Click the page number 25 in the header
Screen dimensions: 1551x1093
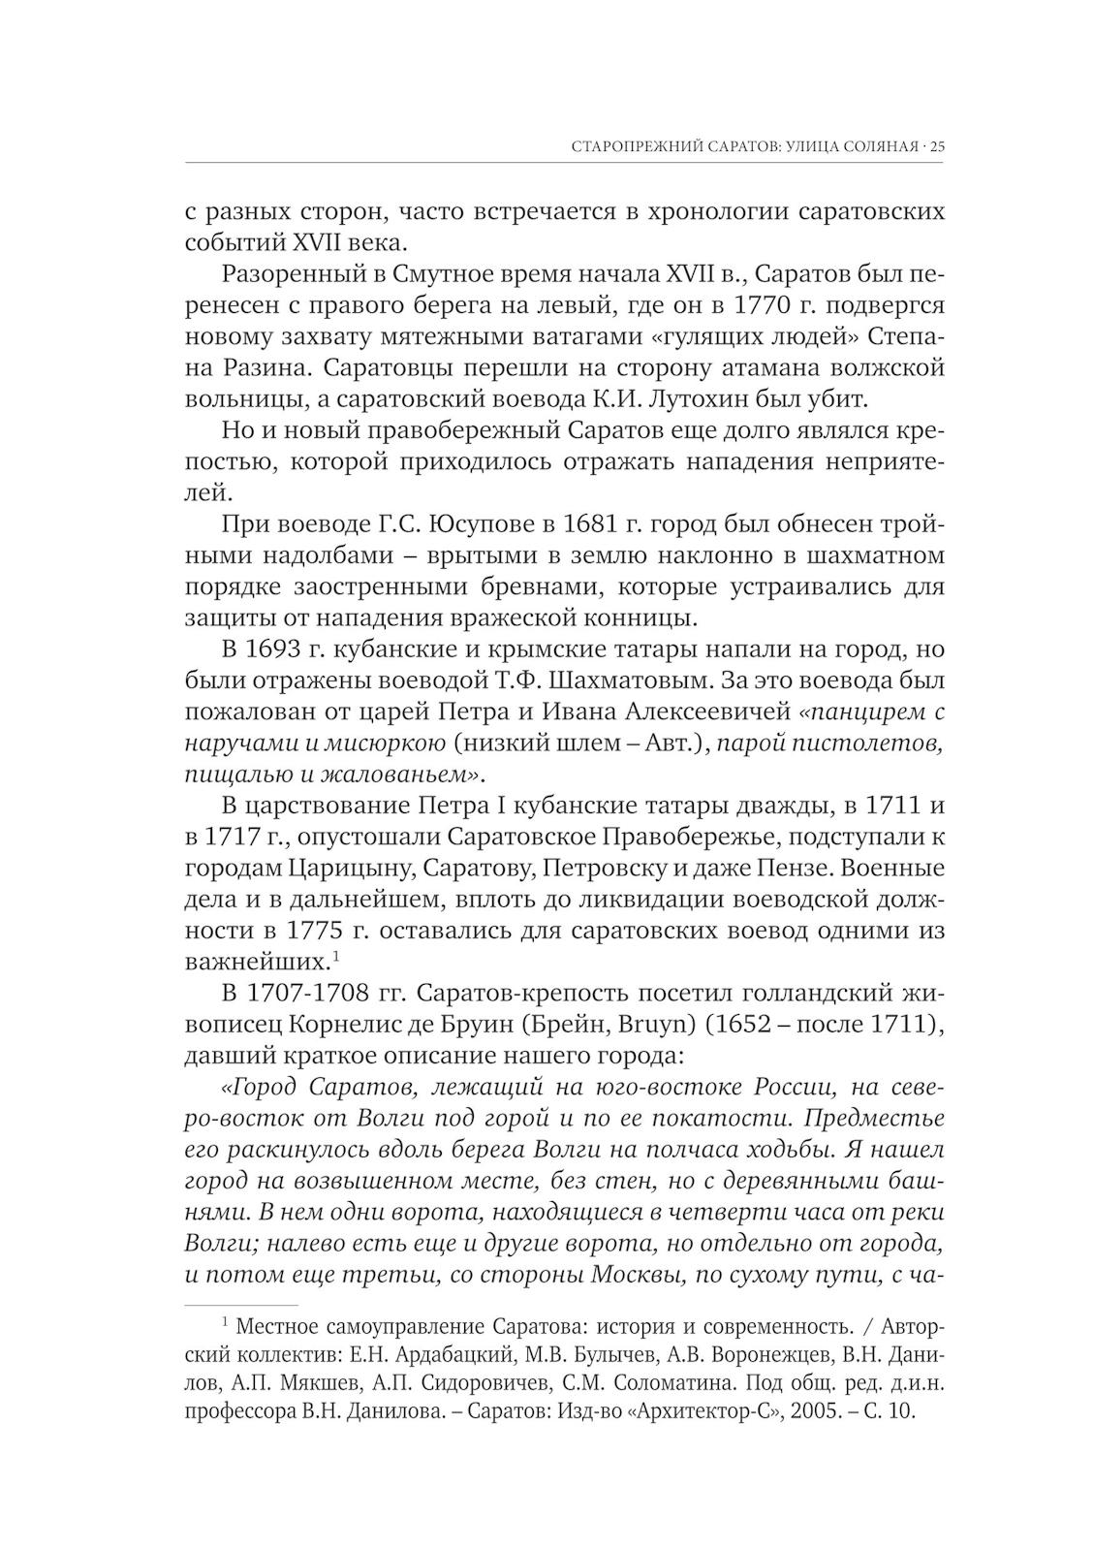point(937,147)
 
